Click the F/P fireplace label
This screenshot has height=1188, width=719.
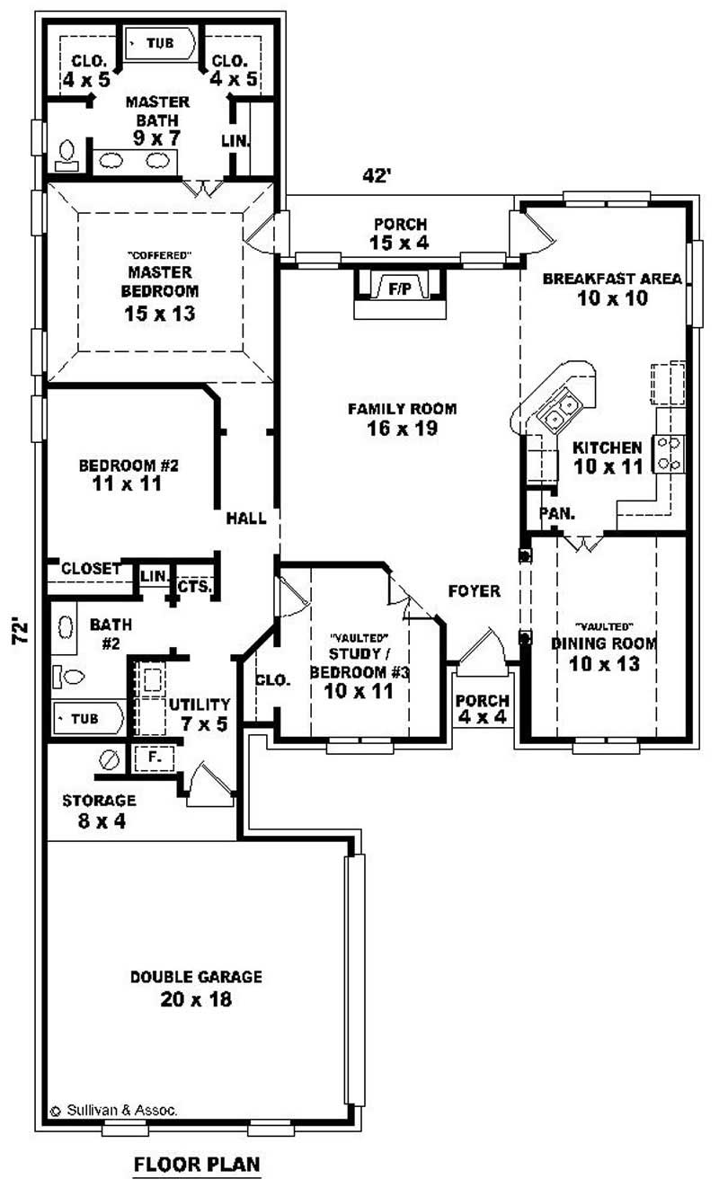[x=399, y=288]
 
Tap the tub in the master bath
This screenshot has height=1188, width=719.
[x=160, y=42]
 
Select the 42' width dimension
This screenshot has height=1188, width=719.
[x=377, y=176]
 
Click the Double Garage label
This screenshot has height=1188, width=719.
[x=196, y=977]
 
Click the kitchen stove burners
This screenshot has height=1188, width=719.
[x=670, y=453]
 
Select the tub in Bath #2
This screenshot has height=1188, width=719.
[x=87, y=719]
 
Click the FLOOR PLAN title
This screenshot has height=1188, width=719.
[x=197, y=1165]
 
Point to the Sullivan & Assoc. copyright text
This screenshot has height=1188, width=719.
[x=113, y=1111]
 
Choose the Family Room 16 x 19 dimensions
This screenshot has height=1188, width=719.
[x=402, y=429]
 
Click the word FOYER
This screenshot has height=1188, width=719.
[x=474, y=590]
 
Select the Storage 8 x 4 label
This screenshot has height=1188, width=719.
[x=99, y=809]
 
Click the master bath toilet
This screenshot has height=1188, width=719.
[x=67, y=155]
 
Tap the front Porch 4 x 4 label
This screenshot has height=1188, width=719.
[x=482, y=708]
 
